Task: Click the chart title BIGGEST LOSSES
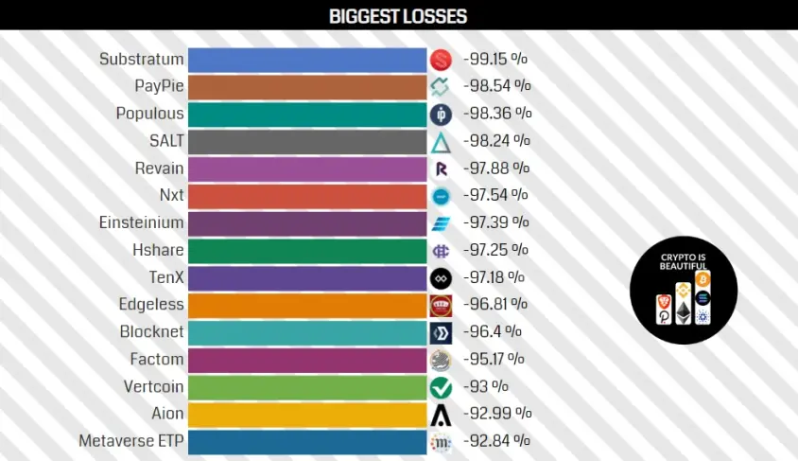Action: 398,16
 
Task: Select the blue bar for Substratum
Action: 307,60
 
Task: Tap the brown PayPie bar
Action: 307,87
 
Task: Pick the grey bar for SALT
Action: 307,142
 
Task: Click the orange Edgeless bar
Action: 307,305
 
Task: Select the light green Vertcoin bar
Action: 307,387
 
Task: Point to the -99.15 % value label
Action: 495,59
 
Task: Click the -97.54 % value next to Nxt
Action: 495,195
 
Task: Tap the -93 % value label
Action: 486,386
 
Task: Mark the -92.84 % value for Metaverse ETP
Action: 496,440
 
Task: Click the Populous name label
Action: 149,114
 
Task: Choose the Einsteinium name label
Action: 141,222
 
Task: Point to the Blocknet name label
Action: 151,331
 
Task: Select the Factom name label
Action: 157,359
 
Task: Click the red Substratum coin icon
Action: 441,60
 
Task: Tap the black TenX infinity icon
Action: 441,278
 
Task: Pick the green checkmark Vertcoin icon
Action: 441,387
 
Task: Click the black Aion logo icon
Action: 441,415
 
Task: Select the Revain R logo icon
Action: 441,169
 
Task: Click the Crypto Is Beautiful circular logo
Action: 684,290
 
